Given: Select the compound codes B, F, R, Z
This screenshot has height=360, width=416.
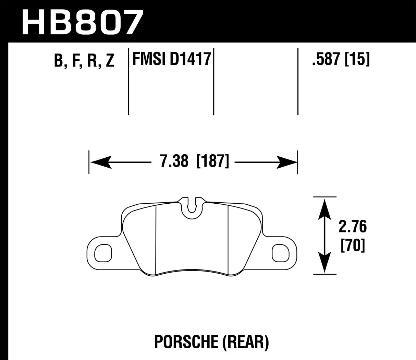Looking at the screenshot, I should point(84,61).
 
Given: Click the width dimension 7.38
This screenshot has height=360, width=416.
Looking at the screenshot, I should point(174,161).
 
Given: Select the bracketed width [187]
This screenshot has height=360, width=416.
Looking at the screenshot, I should point(212,161).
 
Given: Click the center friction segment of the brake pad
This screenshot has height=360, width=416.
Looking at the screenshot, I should point(192,240).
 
